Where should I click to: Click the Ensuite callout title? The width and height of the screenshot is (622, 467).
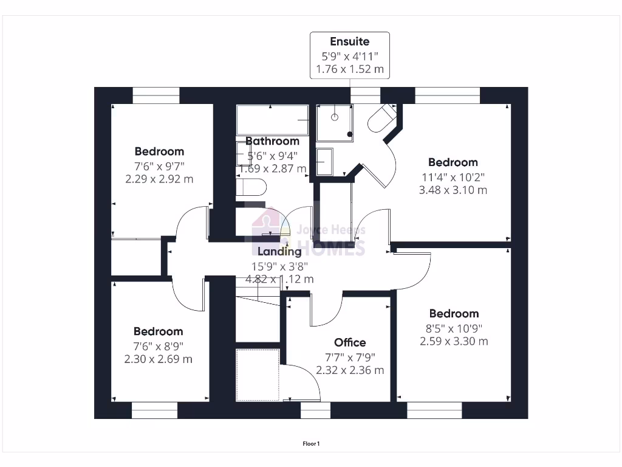click(x=349, y=41)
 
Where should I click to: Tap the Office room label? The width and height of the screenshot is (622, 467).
click(x=350, y=342)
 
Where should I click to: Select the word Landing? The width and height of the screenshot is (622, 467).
click(x=279, y=251)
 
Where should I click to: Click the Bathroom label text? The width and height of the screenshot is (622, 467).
click(x=272, y=141)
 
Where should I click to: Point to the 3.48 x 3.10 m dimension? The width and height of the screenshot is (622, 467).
click(x=453, y=190)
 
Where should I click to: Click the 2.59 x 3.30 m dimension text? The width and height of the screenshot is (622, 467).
click(x=454, y=341)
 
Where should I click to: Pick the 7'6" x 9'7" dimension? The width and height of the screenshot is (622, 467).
click(x=159, y=165)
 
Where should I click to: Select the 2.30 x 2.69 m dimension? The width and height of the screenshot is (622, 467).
click(x=159, y=359)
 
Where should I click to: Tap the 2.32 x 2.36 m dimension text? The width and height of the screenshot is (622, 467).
click(x=350, y=370)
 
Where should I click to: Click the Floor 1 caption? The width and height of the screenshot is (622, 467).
click(x=311, y=444)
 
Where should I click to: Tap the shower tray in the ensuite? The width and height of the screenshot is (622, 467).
click(x=335, y=122)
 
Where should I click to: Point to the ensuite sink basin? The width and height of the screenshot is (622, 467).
click(x=324, y=162)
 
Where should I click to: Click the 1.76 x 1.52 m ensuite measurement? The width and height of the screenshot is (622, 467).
click(x=349, y=69)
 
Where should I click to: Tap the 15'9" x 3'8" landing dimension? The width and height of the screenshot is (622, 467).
click(x=280, y=266)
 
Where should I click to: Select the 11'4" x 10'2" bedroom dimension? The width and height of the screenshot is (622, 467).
click(x=453, y=176)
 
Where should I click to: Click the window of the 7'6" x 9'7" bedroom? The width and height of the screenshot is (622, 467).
click(x=156, y=95)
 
